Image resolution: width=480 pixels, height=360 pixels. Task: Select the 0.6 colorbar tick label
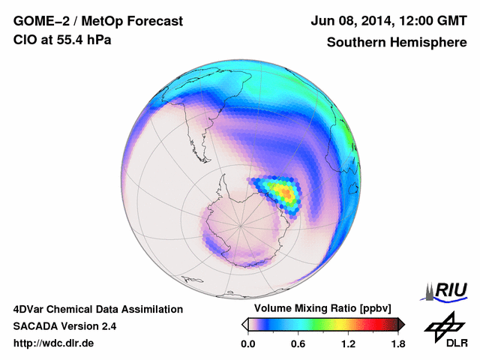tap(298, 343)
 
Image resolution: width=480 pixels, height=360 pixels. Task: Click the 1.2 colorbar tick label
tap(348, 343)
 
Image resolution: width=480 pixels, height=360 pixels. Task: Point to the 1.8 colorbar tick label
tap(397, 343)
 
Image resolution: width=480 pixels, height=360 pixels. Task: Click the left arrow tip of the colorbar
tap(244, 324)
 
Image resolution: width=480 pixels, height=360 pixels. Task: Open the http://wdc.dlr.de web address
tap(54, 343)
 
